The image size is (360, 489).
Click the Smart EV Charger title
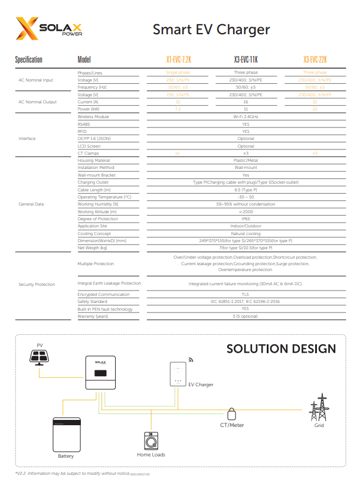click(x=211, y=29)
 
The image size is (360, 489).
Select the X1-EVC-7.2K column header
click(x=178, y=60)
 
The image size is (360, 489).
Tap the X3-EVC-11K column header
click(x=246, y=60)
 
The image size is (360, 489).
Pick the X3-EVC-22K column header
click(x=315, y=60)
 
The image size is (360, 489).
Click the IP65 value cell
click(x=246, y=219)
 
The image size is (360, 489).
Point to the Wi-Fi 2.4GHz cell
click(x=246, y=117)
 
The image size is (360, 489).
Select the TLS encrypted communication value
click(x=246, y=294)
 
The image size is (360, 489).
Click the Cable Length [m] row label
click(x=94, y=190)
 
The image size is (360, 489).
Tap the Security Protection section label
click(x=37, y=284)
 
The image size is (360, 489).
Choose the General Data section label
click(x=33, y=204)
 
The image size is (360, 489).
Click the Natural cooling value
click(x=246, y=233)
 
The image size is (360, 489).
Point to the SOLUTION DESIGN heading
click(x=281, y=349)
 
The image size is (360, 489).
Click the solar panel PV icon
click(x=41, y=357)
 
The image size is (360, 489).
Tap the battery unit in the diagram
click(x=66, y=435)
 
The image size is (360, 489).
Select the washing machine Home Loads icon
click(x=151, y=441)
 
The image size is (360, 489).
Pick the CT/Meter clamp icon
click(x=232, y=412)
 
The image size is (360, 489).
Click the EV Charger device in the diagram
click(x=177, y=375)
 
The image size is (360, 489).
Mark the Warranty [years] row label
click(x=94, y=316)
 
